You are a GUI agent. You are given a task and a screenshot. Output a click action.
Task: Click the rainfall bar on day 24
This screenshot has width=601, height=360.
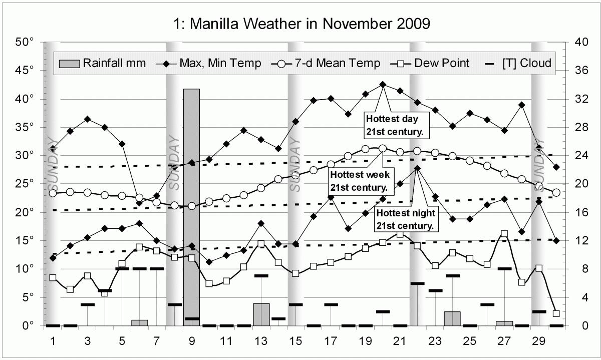[x=452, y=318]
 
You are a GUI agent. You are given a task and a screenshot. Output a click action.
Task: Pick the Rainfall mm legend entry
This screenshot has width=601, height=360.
[x=103, y=64]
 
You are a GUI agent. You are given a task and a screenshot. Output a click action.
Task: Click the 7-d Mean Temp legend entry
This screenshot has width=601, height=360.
[x=325, y=64]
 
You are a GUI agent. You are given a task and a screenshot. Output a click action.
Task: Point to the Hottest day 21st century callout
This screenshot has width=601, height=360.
[x=395, y=126]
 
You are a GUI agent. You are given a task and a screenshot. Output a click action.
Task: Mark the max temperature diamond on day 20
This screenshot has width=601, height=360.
[x=383, y=85]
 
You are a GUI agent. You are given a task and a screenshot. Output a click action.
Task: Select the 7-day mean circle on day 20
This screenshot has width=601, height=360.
[x=383, y=148]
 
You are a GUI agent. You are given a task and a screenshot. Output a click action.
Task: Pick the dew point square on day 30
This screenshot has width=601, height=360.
[x=556, y=313]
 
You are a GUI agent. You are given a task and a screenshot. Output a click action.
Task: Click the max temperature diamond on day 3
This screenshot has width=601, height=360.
[x=88, y=119]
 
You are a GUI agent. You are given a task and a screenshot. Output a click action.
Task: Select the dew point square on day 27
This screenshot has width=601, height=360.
[x=504, y=234]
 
